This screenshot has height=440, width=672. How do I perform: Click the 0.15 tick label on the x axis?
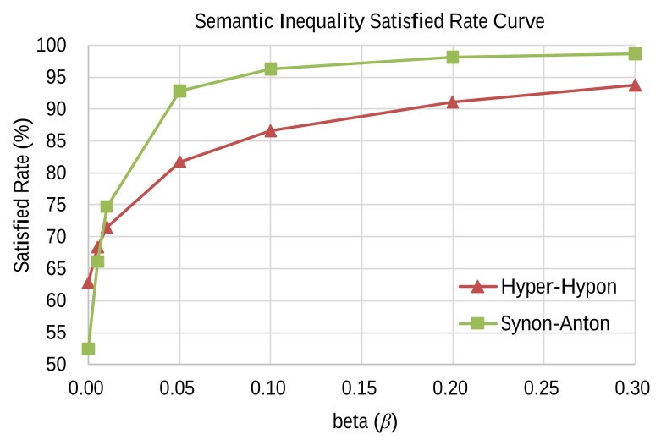pos(361,388)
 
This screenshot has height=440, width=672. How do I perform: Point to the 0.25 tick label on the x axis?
pos(543,388)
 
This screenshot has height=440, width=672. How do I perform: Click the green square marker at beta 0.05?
pos(179,91)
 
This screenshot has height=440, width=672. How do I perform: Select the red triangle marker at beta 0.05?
pos(179,162)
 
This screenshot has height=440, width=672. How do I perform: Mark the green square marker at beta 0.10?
pos(271,69)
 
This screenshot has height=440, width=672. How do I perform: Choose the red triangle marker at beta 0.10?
pos(271,131)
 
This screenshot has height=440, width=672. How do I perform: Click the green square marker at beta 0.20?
pos(453,57)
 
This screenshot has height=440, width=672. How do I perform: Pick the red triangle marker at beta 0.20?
pos(453,102)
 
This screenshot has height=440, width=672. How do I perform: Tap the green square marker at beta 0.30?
pos(635,53)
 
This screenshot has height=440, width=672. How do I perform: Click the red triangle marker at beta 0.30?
pos(635,85)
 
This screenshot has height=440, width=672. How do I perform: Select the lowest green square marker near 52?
pos(88,349)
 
